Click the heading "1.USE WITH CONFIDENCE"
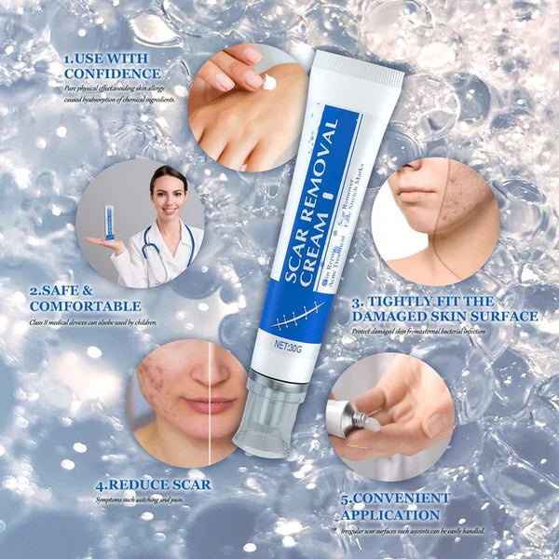pyautogui.click(x=111, y=66)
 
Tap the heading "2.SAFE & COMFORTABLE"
pyautogui.click(x=85, y=297)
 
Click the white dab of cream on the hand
pyautogui.click(x=269, y=82)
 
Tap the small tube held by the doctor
pyautogui.click(x=110, y=224)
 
